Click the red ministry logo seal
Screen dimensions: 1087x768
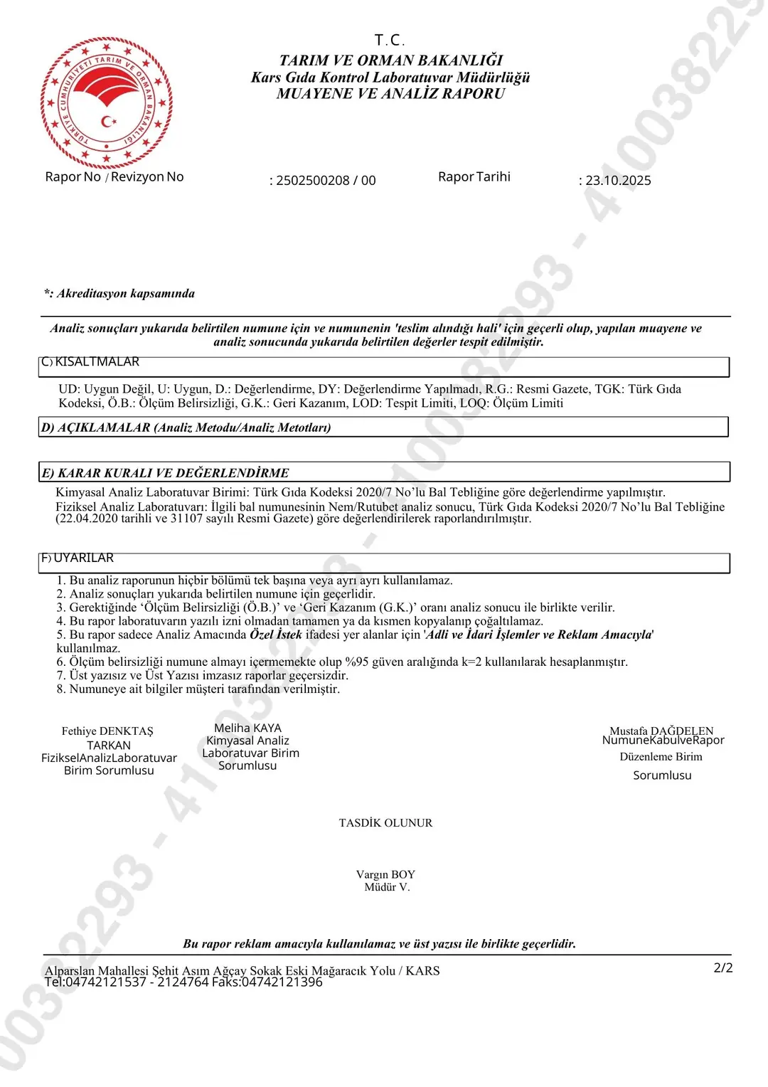coord(107,102)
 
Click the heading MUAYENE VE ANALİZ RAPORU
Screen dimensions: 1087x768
coord(390,94)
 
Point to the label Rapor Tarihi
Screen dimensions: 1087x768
coord(474,176)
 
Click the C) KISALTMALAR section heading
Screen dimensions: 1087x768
coord(90,362)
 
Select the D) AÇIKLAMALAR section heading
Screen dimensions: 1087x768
coord(186,428)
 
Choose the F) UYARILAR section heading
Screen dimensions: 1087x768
coord(78,558)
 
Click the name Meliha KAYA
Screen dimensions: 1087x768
coord(247,728)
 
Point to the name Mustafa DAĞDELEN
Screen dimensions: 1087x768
coord(661,731)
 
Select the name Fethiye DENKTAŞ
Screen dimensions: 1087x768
coord(107,731)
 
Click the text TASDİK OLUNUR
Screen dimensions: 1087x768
coord(385,823)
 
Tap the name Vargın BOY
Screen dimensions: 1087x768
coord(385,874)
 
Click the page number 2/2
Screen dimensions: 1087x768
coord(722,968)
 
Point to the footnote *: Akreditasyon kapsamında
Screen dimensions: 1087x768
coord(119,294)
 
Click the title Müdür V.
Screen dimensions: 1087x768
coord(387,887)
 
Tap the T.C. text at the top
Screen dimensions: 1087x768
coord(390,40)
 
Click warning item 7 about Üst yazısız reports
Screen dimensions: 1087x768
coord(203,676)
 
